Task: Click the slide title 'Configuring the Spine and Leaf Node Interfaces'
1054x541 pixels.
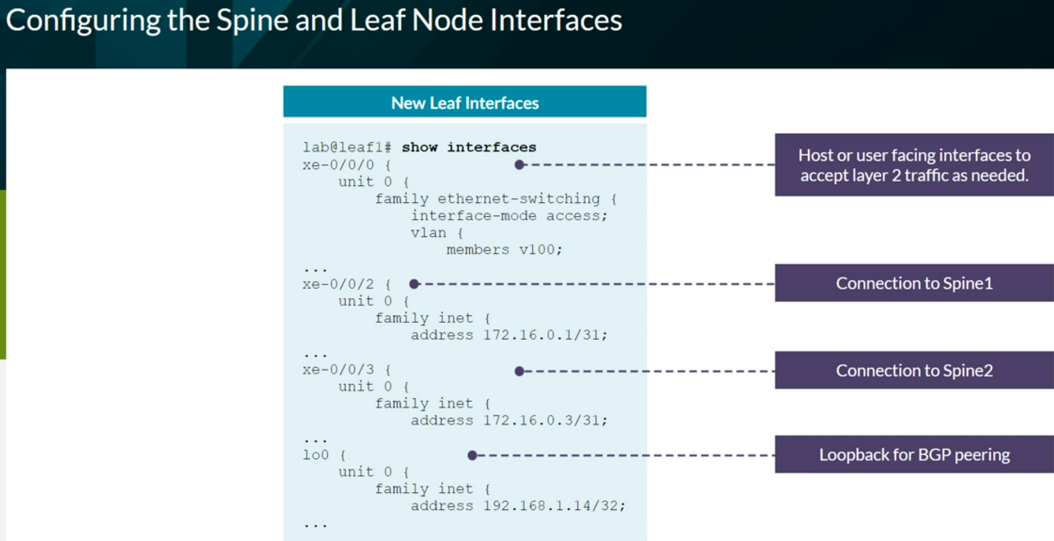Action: point(314,20)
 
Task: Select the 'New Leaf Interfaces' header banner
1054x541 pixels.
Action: point(465,102)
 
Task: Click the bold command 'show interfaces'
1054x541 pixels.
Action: point(469,147)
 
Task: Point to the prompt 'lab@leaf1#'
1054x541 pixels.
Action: point(347,147)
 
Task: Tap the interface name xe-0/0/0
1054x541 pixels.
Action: point(338,165)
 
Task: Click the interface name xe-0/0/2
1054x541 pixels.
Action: point(338,284)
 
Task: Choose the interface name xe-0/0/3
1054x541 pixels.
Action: point(338,370)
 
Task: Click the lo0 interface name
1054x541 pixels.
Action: point(316,455)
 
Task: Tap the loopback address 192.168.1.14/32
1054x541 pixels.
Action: point(551,506)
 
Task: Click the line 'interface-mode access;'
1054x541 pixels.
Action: point(509,216)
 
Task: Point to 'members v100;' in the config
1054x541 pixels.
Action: point(505,250)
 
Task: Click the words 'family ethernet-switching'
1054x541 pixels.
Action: point(488,199)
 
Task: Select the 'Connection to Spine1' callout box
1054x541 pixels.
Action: point(914,283)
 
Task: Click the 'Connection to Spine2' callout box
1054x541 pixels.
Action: point(914,370)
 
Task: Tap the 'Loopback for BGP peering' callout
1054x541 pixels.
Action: point(914,454)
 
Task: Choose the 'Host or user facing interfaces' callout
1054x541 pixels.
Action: point(914,165)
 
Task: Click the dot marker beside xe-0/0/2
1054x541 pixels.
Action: point(414,284)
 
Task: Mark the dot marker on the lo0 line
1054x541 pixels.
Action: point(472,455)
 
